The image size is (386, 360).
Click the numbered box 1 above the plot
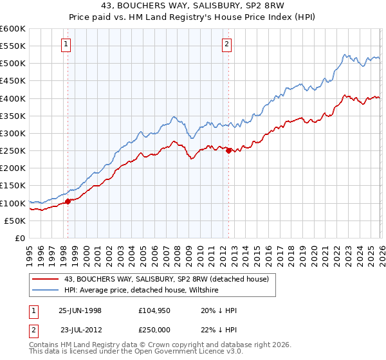68,44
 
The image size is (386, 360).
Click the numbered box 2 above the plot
228,44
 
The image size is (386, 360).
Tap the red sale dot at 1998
68,201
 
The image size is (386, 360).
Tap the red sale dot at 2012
228,150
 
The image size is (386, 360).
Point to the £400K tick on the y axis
13,98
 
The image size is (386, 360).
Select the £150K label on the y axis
13,186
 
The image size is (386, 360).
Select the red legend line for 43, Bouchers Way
46,278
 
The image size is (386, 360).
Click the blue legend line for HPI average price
46,290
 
